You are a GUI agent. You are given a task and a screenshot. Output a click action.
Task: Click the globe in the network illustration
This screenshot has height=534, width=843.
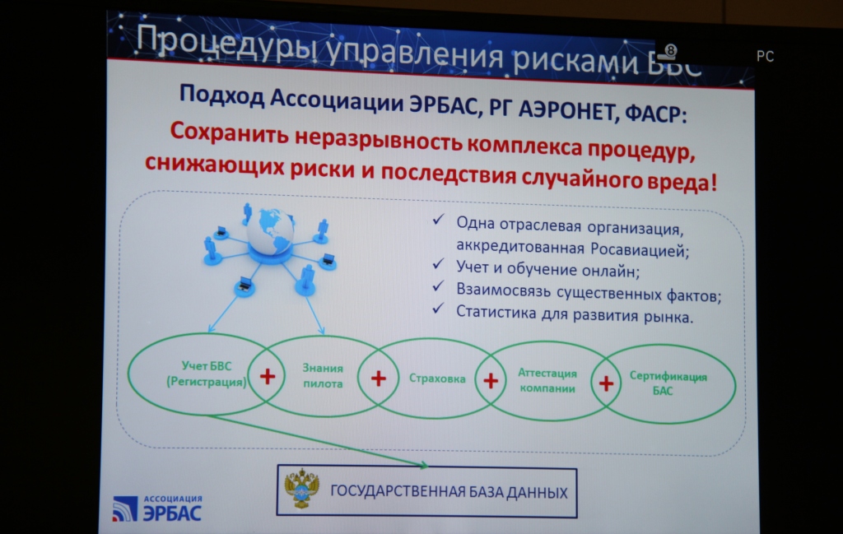click(x=270, y=232)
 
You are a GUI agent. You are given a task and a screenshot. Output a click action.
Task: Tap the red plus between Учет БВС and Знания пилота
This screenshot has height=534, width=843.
click(x=268, y=376)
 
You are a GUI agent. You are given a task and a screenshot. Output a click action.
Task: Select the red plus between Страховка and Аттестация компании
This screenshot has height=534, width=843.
click(x=491, y=381)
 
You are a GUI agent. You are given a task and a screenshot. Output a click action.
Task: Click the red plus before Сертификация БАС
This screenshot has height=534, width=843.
click(x=606, y=383)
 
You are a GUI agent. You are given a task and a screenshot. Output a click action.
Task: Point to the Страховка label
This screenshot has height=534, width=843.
click(x=437, y=378)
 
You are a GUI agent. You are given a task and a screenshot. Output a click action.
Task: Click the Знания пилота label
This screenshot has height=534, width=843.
click(x=323, y=375)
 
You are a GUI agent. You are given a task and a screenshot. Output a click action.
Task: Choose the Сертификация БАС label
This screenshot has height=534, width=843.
click(x=668, y=383)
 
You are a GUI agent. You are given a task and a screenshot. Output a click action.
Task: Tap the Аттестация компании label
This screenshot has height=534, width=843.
click(x=547, y=380)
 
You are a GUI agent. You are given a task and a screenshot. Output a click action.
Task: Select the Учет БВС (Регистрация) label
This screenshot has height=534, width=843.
click(x=207, y=374)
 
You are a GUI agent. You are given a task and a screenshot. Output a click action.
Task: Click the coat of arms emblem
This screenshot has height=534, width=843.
click(x=301, y=488)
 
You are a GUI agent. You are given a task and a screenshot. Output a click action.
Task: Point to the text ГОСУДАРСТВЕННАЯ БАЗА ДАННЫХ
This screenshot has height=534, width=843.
click(x=449, y=491)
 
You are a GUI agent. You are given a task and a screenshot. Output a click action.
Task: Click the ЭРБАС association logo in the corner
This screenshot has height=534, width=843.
click(x=157, y=508)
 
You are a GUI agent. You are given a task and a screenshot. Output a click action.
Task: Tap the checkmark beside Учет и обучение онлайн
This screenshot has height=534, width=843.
click(x=439, y=264)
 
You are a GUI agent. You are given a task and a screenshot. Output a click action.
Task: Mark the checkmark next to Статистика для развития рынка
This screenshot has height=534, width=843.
click(x=439, y=309)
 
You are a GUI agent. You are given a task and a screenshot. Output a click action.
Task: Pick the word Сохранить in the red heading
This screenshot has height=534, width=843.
click(x=230, y=133)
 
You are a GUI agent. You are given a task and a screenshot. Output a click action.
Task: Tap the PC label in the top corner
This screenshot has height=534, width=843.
click(x=765, y=56)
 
